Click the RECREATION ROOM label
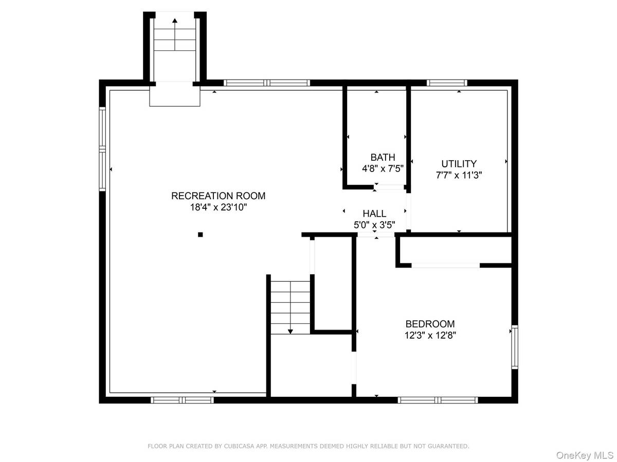click(218, 196)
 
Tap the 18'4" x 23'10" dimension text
click(219, 207)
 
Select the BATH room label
click(383, 157)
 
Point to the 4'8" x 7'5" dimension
click(383, 168)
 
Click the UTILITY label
click(459, 164)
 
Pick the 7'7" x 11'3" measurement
click(459, 176)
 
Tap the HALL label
click(374, 214)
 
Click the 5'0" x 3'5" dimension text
click(374, 225)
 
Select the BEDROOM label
click(430, 324)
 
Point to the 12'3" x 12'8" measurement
click(430, 335)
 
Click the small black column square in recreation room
click(200, 235)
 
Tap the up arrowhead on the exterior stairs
click(175, 20)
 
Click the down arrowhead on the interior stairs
click(291, 332)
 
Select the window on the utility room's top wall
click(447, 83)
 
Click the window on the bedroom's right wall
click(514, 347)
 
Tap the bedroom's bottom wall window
click(438, 400)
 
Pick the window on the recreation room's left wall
click(102, 149)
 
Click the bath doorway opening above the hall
click(389, 187)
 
